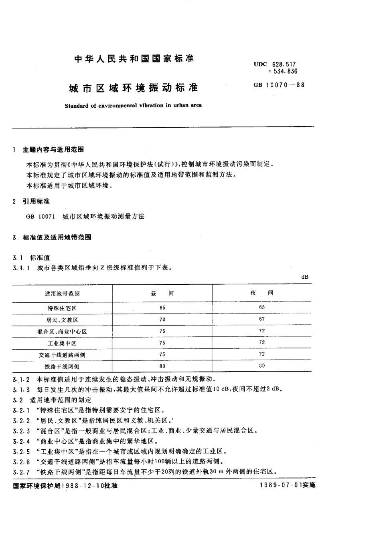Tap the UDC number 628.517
coord(284,64)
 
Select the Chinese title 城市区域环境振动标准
coord(134,88)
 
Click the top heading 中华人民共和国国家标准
coord(134,59)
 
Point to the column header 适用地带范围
coord(62,294)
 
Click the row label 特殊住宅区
coord(62,308)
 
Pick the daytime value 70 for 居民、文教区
coord(162,320)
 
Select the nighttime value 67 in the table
coord(262,319)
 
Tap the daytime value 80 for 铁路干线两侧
coord(162,366)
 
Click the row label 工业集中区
coord(62,343)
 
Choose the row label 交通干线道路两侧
coord(62,355)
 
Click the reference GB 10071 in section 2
coord(37,217)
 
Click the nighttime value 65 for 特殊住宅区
coord(262,308)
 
